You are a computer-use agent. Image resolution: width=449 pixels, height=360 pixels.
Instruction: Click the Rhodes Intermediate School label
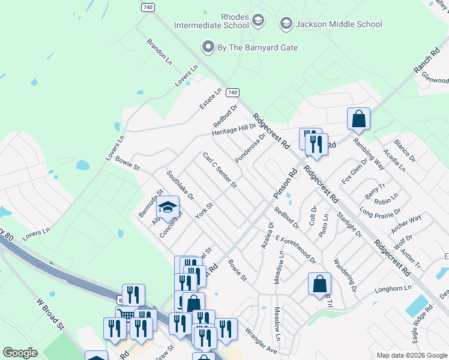211,21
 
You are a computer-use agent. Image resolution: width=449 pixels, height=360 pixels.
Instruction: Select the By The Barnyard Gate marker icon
208,47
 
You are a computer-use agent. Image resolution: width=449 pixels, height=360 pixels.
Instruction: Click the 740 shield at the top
148,7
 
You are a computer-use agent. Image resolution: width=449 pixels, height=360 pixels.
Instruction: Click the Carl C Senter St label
220,170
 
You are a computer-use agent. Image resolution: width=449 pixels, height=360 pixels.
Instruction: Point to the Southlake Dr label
181,186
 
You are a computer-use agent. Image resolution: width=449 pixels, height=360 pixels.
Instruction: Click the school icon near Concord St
168,208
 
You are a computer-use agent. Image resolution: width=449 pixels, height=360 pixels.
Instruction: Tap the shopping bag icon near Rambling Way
358,118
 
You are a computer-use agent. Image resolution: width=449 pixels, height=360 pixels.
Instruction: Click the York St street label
206,210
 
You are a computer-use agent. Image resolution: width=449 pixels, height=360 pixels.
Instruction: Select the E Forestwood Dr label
296,249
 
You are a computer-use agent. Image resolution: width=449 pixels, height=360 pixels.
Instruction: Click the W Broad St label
50,314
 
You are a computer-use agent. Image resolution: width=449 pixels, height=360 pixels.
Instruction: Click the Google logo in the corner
20,353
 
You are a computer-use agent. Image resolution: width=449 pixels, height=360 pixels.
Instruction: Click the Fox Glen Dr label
354,170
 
